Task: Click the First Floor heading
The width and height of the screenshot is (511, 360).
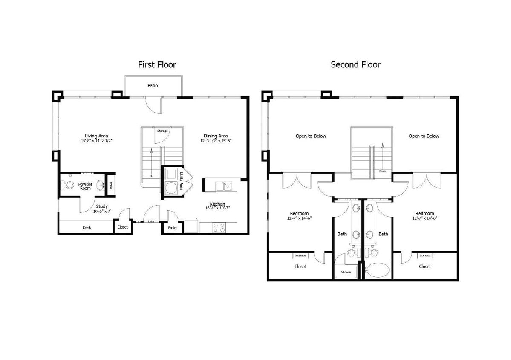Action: [157, 65]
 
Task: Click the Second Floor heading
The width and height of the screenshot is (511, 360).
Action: [355, 65]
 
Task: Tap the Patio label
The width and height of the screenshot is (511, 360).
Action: [153, 86]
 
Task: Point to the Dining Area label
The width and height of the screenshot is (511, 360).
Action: [216, 136]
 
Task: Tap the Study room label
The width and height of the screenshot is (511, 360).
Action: [101, 206]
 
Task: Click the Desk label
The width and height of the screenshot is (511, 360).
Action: [87, 228]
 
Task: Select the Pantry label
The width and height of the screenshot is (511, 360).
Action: [172, 228]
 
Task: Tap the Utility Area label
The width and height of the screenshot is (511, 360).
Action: [181, 180]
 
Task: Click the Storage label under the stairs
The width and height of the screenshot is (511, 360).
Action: [162, 131]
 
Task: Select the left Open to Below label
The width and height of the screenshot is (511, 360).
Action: [311, 136]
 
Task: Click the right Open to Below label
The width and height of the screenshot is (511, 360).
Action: [424, 136]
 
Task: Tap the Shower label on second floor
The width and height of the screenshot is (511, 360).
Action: [346, 272]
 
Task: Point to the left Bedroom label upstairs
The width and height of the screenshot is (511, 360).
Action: [299, 213]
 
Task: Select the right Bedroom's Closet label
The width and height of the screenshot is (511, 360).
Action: [424, 266]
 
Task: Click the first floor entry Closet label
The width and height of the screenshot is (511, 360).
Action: [122, 227]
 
